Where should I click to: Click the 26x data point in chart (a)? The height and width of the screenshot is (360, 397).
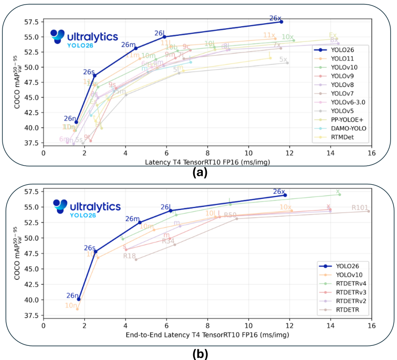tap(281, 22)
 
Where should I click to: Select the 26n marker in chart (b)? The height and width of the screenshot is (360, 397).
tap(79, 299)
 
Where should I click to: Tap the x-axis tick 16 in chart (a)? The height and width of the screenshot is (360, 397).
tap(371, 153)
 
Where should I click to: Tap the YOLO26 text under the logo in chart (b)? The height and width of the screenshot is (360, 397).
tap(82, 215)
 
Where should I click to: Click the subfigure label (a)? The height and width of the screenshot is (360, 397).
tap(199, 173)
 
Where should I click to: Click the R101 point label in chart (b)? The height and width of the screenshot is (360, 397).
tap(360, 208)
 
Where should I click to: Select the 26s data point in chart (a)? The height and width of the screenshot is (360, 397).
tap(95, 76)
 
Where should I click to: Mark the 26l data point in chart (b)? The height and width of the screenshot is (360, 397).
tap(171, 211)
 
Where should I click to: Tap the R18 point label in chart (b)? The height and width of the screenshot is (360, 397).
tap(130, 256)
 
